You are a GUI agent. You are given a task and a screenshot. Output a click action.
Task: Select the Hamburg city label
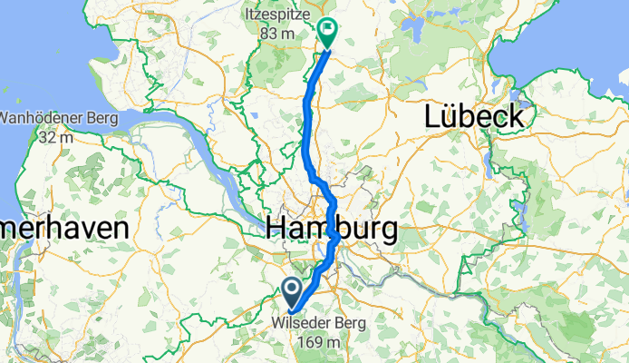[x=332, y=230]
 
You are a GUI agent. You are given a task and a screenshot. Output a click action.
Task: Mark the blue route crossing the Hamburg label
[x=335, y=235]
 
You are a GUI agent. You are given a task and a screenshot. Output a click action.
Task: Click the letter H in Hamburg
[x=278, y=230]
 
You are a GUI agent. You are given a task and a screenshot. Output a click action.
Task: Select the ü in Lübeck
[x=454, y=116]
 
